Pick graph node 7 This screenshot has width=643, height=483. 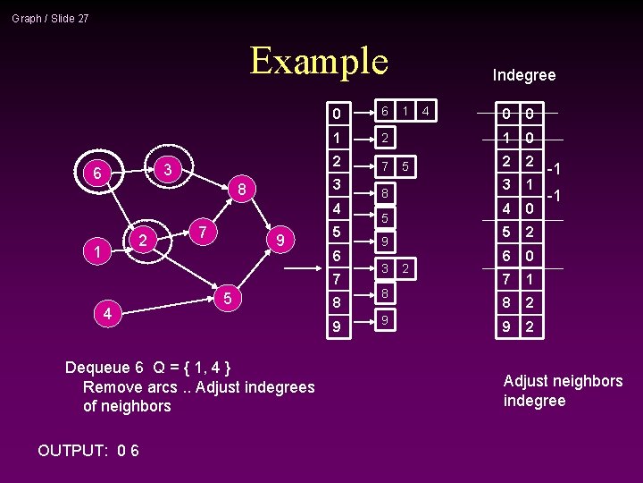click(x=204, y=232)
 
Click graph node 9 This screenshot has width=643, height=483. click(x=280, y=241)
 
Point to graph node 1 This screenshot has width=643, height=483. click(x=96, y=253)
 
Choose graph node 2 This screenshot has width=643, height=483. click(x=142, y=239)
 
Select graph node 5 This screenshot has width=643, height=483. click(x=229, y=298)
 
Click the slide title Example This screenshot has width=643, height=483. click(x=319, y=61)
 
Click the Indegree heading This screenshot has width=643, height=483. click(x=523, y=75)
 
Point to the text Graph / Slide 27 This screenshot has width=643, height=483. click(x=50, y=18)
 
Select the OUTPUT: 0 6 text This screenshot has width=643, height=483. click(x=88, y=450)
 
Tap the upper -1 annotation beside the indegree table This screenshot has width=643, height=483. click(x=554, y=169)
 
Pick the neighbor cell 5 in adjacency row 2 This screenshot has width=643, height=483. click(x=405, y=166)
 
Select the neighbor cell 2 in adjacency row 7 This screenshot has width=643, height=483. click(x=405, y=268)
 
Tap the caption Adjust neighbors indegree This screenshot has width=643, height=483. click(x=563, y=391)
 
